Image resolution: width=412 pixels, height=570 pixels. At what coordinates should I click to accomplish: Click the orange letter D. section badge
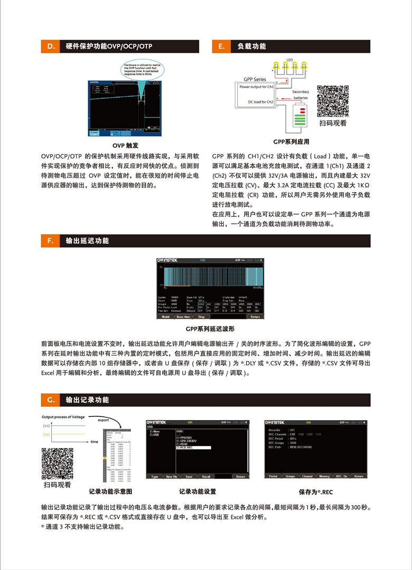point(51,46)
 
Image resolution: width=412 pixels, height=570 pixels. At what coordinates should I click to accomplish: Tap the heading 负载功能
point(251,46)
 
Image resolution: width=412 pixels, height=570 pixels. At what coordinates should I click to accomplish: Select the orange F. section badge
point(51,241)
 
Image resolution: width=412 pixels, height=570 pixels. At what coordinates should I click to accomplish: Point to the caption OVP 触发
point(126,145)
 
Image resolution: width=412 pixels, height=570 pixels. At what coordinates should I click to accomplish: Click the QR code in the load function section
point(333,101)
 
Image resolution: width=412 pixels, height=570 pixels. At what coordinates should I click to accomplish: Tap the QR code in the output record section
point(57,463)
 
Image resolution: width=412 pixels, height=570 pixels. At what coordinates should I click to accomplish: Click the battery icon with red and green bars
point(302,118)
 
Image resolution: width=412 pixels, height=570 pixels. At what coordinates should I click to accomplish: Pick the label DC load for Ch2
point(260,102)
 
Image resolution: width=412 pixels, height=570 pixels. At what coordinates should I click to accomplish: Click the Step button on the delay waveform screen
point(201,317)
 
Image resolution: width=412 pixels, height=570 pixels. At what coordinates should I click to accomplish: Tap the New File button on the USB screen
point(172,476)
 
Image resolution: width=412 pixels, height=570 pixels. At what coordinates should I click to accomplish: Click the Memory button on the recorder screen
point(324,476)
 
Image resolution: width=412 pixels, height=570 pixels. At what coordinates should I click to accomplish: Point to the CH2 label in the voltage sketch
point(46,425)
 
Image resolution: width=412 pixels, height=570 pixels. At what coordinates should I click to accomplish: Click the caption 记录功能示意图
point(111,491)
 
